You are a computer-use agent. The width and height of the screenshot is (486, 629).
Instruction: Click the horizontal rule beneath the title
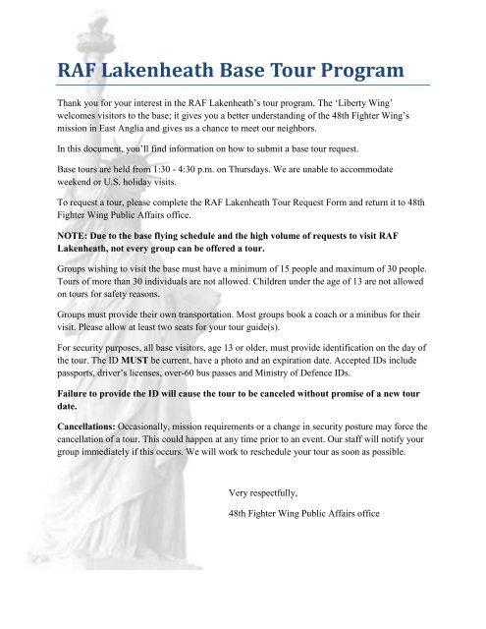coord(243,88)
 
